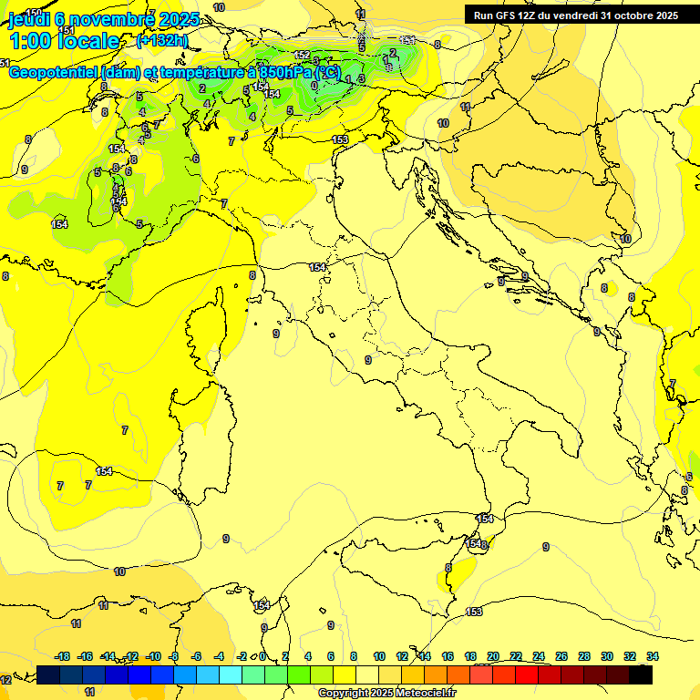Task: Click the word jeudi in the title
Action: (x=28, y=19)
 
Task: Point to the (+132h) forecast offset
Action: (x=162, y=41)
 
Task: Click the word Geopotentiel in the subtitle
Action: (x=55, y=73)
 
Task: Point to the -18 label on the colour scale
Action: (x=63, y=656)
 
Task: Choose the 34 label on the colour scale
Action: (x=653, y=656)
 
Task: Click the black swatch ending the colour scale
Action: (x=641, y=674)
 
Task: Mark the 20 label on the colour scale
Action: (x=493, y=656)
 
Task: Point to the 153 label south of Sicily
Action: (x=474, y=612)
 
